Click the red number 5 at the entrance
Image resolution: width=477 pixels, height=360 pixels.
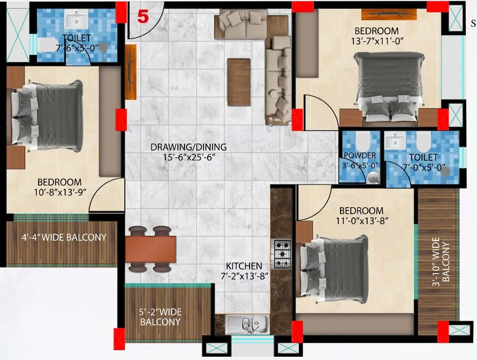coord(143,17)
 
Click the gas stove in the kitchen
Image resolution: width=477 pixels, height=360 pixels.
coord(282,254)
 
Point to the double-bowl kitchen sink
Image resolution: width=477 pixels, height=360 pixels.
coord(247,324)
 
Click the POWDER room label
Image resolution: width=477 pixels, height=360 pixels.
coord(360,156)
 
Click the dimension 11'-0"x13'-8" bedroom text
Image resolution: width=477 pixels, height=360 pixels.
coord(361,220)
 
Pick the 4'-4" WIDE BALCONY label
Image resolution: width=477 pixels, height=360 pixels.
coord(64,237)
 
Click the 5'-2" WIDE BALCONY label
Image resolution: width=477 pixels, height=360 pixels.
coord(161,317)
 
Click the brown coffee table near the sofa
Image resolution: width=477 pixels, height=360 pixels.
coord(238,82)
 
